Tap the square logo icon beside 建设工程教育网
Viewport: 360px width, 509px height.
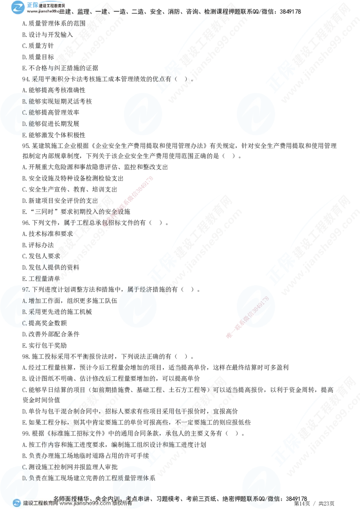pyautogui.click(x=17, y=503)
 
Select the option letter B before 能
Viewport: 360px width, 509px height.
pyautogui.click(x=25, y=102)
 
